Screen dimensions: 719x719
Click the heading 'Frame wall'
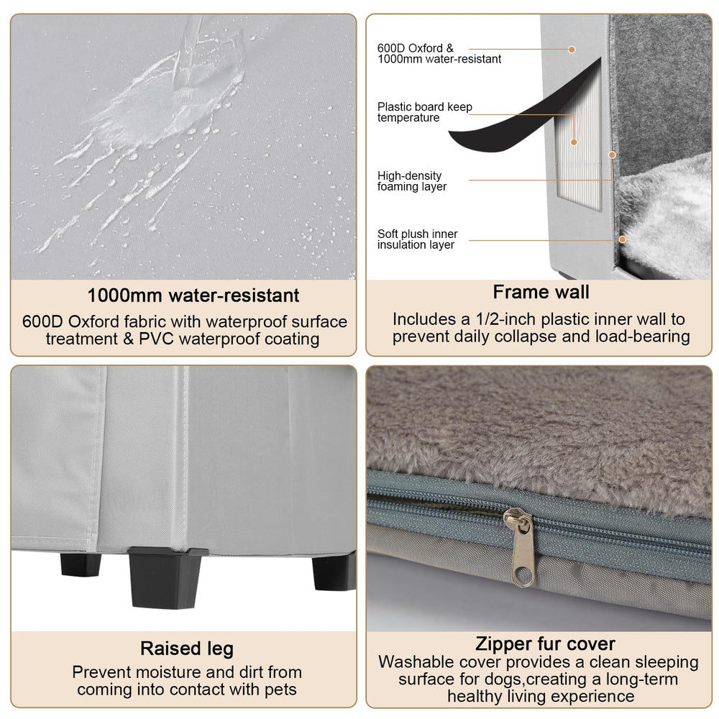(x=541, y=292)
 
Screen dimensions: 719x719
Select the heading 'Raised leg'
(x=187, y=649)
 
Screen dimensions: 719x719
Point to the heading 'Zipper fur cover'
(x=545, y=644)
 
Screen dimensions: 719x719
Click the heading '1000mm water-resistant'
(x=193, y=296)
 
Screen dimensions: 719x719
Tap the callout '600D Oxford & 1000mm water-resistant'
(x=439, y=54)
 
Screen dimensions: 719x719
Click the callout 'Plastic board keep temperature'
(x=425, y=112)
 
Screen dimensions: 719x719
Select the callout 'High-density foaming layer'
(x=412, y=181)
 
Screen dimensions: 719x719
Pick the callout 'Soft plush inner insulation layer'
(x=417, y=239)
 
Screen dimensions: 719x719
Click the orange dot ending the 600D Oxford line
(x=572, y=50)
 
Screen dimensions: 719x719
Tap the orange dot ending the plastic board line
(x=574, y=142)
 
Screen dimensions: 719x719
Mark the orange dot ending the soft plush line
(x=622, y=239)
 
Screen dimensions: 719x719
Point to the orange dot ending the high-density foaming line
(x=612, y=155)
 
